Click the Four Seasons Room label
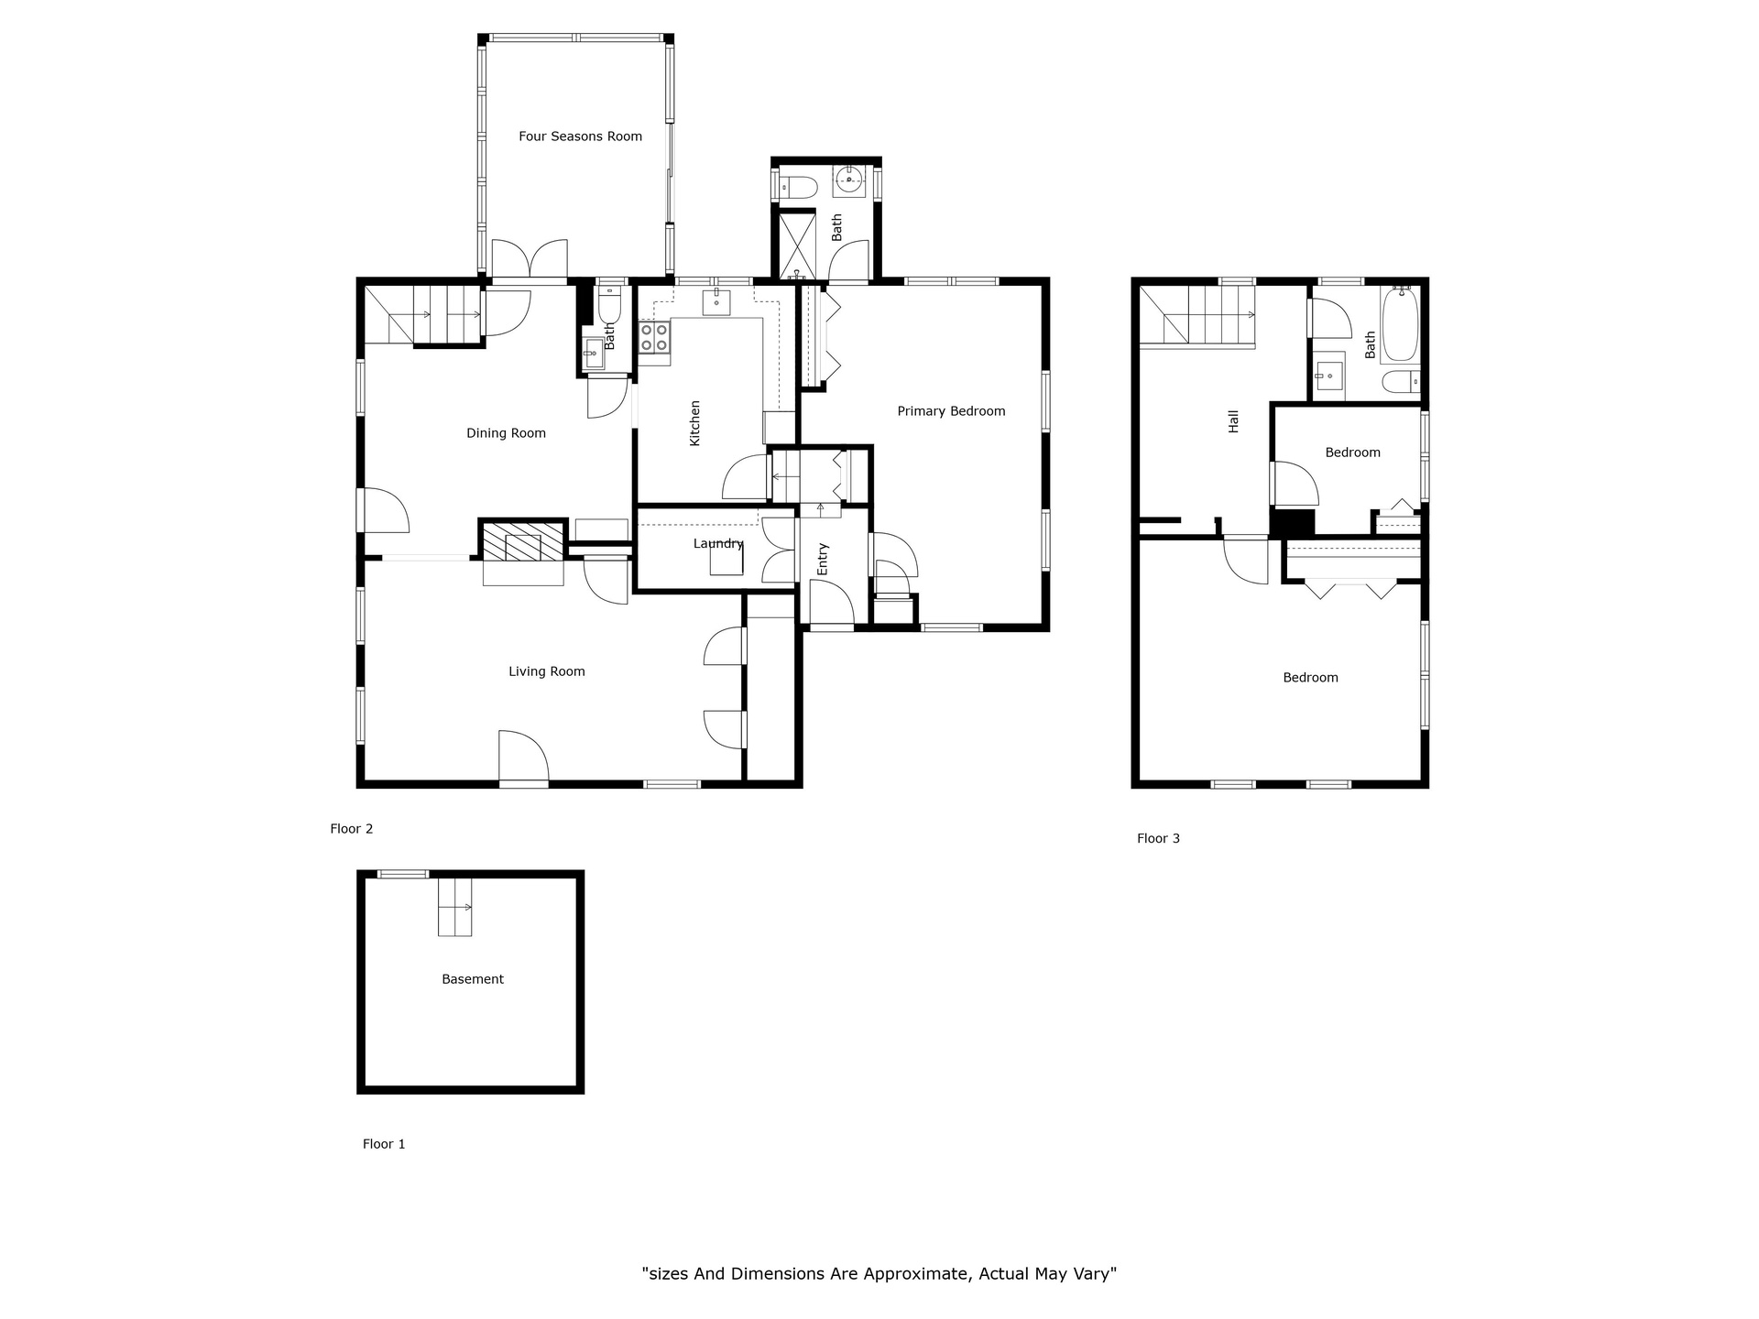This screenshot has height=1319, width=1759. click(580, 136)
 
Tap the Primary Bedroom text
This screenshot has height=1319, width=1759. click(951, 411)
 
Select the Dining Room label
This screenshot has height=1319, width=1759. click(506, 433)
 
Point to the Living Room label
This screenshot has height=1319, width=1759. click(546, 671)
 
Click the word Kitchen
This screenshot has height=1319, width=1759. click(694, 423)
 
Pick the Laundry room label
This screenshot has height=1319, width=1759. click(718, 543)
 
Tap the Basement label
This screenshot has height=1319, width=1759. click(473, 979)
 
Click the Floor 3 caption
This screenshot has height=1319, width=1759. click(1158, 838)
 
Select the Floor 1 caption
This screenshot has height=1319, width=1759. click(384, 1144)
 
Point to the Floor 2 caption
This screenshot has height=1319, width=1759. click(352, 829)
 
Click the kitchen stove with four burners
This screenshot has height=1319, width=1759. click(654, 337)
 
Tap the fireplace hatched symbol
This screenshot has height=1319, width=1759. click(523, 540)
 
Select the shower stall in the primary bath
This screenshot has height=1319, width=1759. click(796, 245)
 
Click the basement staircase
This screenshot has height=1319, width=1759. click(454, 907)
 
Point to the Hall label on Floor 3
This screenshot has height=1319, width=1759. click(1233, 421)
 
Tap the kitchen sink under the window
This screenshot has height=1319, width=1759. click(716, 301)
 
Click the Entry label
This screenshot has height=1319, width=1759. click(822, 560)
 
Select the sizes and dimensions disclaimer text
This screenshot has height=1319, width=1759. click(879, 1273)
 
